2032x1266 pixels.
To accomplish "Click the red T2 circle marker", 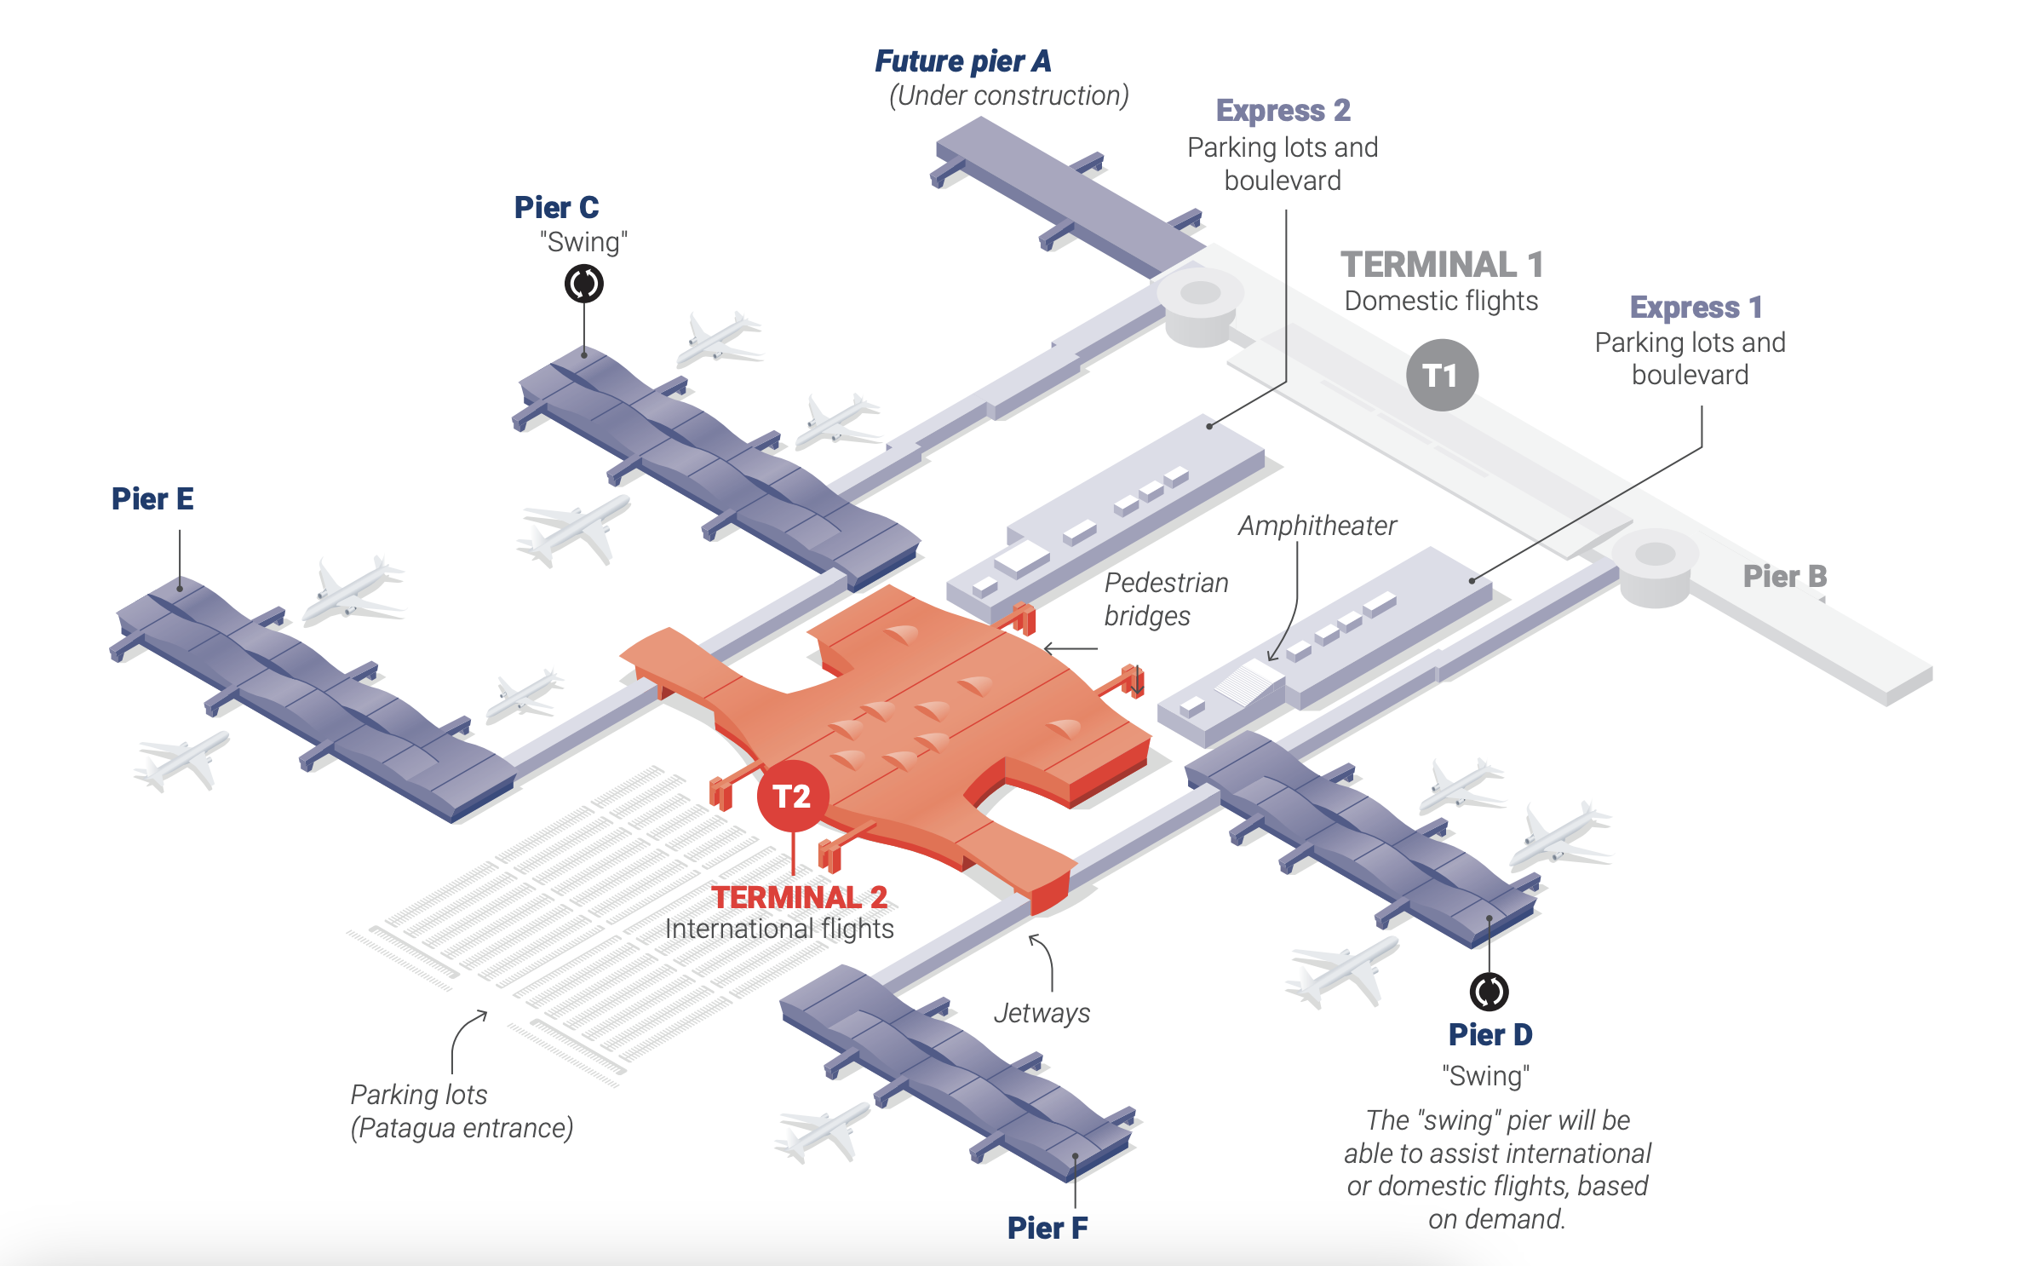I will tap(792, 797).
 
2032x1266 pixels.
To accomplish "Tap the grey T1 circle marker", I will tap(1441, 376).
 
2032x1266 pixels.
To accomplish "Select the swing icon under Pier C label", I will tap(584, 284).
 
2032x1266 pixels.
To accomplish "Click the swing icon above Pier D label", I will tap(1489, 992).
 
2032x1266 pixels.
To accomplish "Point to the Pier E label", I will tap(152, 499).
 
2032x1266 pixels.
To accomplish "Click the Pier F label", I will tap(1047, 1228).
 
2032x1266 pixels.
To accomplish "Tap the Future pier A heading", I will tap(962, 61).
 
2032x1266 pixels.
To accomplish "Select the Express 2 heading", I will tap(1283, 111).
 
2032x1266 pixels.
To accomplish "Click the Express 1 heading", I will tap(1695, 307).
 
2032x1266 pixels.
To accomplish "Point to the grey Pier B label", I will tap(1784, 577).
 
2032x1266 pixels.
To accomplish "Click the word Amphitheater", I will tap(1317, 526).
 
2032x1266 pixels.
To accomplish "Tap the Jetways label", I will tap(1041, 1013).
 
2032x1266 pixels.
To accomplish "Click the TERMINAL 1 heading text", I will tap(1441, 265).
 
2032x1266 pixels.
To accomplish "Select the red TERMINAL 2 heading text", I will tap(799, 897).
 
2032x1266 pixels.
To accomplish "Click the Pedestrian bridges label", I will tap(1165, 599).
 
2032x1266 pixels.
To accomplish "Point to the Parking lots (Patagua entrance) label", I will tap(461, 1111).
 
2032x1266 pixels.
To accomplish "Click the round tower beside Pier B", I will tap(1655, 566).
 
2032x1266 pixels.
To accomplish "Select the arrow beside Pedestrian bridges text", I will tap(1071, 649).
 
